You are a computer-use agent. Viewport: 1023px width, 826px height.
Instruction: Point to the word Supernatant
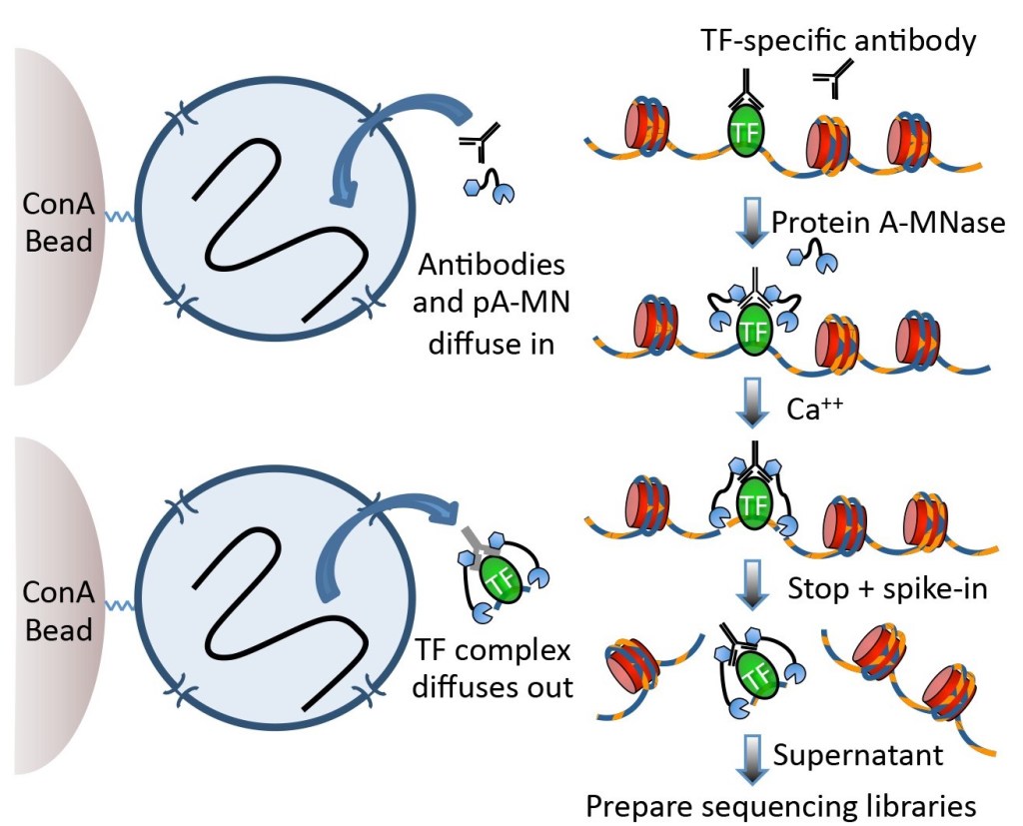click(x=858, y=755)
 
